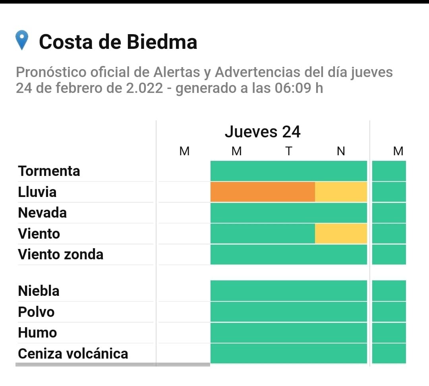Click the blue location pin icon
[22, 40]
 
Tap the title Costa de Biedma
[118, 42]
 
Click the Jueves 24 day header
[263, 132]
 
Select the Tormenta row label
[49, 171]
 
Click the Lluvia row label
[37, 192]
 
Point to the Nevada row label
[42, 213]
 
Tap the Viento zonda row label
[60, 254]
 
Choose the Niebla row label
[39, 291]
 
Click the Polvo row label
[36, 312]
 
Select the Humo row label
[37, 332]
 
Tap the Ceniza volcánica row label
[73, 353]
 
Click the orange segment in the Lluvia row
[263, 192]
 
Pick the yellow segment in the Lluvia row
[341, 192]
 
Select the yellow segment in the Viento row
[341, 234]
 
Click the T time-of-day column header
[289, 151]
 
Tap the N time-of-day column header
[341, 151]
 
